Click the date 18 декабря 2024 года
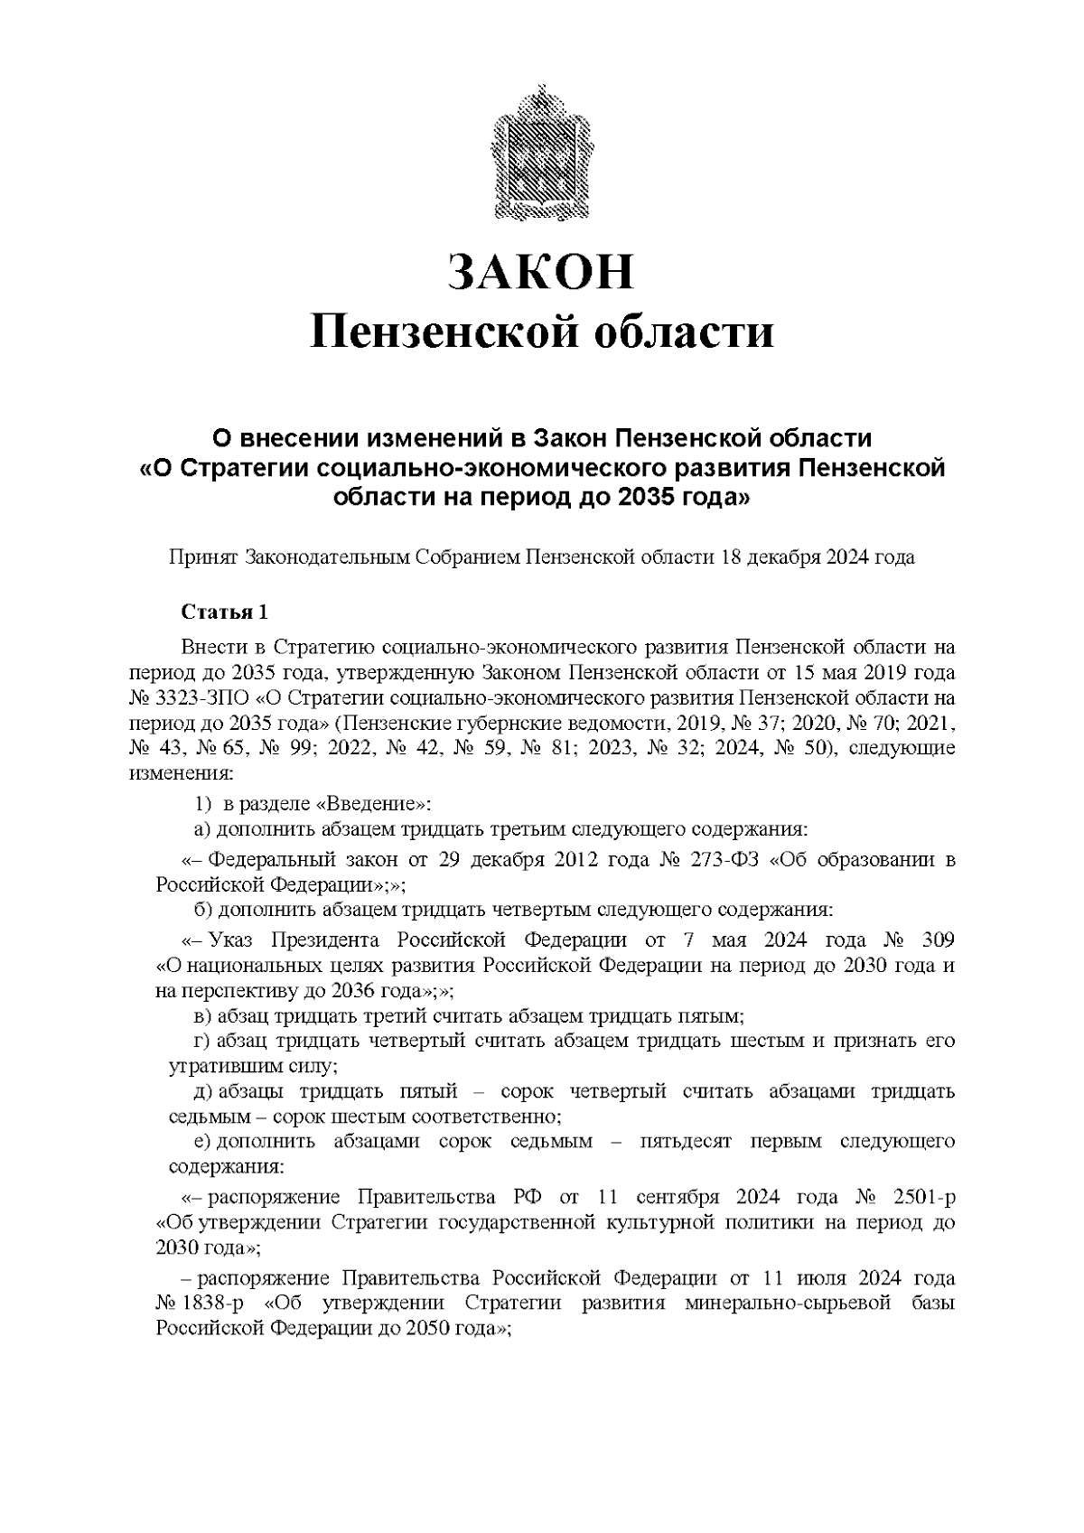point(817,557)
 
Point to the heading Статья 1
point(225,612)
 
